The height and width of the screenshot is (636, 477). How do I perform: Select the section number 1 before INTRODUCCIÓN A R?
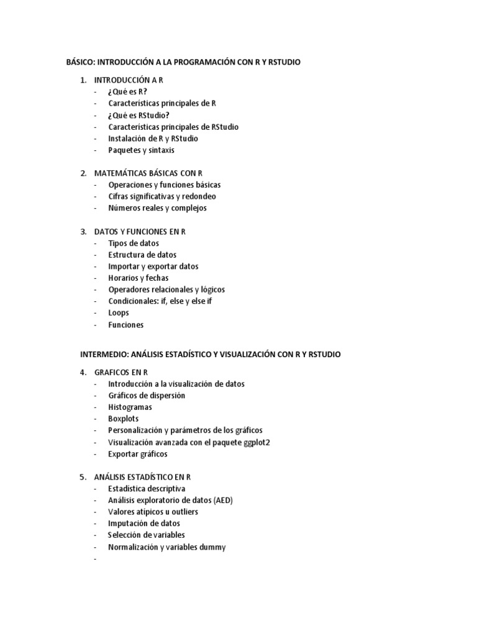[83, 80]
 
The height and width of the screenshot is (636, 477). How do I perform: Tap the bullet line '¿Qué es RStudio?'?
[139, 115]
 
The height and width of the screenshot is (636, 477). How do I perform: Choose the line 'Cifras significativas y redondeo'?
[162, 196]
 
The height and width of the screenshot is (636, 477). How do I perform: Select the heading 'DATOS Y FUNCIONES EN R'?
[140, 232]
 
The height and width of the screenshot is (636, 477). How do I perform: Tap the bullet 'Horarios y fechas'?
[138, 278]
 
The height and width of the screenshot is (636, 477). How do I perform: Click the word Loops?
[119, 313]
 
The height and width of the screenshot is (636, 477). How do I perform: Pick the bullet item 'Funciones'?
[125, 324]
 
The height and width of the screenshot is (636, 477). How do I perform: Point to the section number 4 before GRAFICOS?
[83, 372]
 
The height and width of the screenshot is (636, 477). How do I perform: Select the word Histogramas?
[130, 407]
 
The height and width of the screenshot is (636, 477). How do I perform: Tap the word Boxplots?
[124, 419]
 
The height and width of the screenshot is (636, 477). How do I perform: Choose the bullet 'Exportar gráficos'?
[138, 454]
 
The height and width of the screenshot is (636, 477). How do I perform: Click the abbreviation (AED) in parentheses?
[222, 500]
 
